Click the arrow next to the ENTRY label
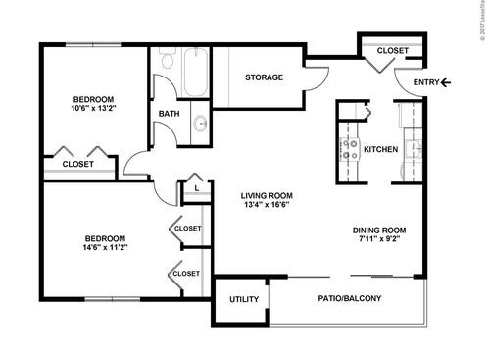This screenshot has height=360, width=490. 447,83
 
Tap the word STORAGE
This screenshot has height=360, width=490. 265,77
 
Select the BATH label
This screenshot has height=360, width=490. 170,114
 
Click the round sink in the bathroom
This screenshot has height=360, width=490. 200,123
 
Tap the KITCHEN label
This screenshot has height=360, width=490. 380,149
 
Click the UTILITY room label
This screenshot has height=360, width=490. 243,300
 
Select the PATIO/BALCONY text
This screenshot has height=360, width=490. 350,299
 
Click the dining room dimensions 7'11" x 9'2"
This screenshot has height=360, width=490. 379,239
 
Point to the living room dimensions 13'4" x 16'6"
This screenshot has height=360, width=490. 267,205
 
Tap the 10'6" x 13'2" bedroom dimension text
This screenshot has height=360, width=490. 94,109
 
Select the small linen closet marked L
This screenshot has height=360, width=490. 197,187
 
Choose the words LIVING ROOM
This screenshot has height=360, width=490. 267,195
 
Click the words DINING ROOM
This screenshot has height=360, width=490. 379,230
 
